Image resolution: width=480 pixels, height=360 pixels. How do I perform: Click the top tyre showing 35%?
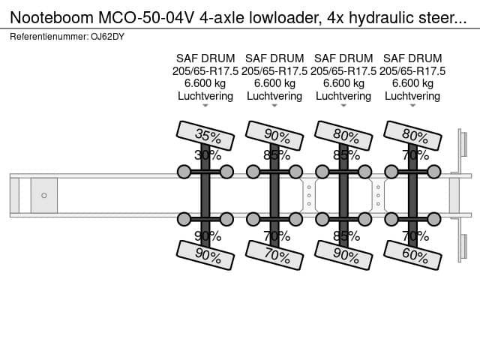pyautogui.click(x=205, y=136)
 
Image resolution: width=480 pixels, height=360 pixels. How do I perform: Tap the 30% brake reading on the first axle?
pyautogui.click(x=208, y=155)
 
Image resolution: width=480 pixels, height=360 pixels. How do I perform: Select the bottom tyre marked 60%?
pyautogui.click(x=412, y=255)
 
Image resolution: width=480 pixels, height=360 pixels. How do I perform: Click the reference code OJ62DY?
pyautogui.click(x=107, y=37)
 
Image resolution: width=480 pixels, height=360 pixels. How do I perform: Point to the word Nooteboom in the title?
pyautogui.click(x=52, y=18)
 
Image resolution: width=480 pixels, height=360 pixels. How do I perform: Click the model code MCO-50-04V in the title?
pyautogui.click(x=146, y=18)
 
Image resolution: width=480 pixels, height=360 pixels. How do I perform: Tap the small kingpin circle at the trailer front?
pyautogui.click(x=44, y=195)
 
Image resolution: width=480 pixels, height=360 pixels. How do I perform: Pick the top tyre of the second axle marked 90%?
pyautogui.click(x=274, y=136)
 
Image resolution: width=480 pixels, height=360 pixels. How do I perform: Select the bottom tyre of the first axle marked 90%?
pyautogui.click(x=205, y=255)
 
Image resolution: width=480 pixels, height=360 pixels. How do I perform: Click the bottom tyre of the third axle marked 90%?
pyautogui.click(x=343, y=255)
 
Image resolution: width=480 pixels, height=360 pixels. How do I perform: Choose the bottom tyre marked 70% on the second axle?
pyautogui.click(x=274, y=255)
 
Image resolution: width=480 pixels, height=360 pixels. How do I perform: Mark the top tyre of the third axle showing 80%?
pyautogui.click(x=343, y=136)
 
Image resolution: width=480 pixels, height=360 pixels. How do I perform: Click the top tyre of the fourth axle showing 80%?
pyautogui.click(x=412, y=136)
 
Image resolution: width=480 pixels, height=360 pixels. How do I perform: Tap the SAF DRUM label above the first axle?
pyautogui.click(x=205, y=58)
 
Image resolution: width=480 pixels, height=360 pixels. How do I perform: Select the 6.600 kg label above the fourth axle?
pyautogui.click(x=412, y=83)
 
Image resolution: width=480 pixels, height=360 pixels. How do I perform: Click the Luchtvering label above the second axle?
pyautogui.click(x=274, y=96)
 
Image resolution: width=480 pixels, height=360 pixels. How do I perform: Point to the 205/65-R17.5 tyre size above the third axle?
pyautogui.click(x=343, y=71)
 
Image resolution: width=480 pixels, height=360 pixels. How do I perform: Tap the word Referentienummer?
pyautogui.click(x=49, y=37)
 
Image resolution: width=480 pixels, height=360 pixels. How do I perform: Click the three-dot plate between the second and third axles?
pyautogui.click(x=309, y=195)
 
